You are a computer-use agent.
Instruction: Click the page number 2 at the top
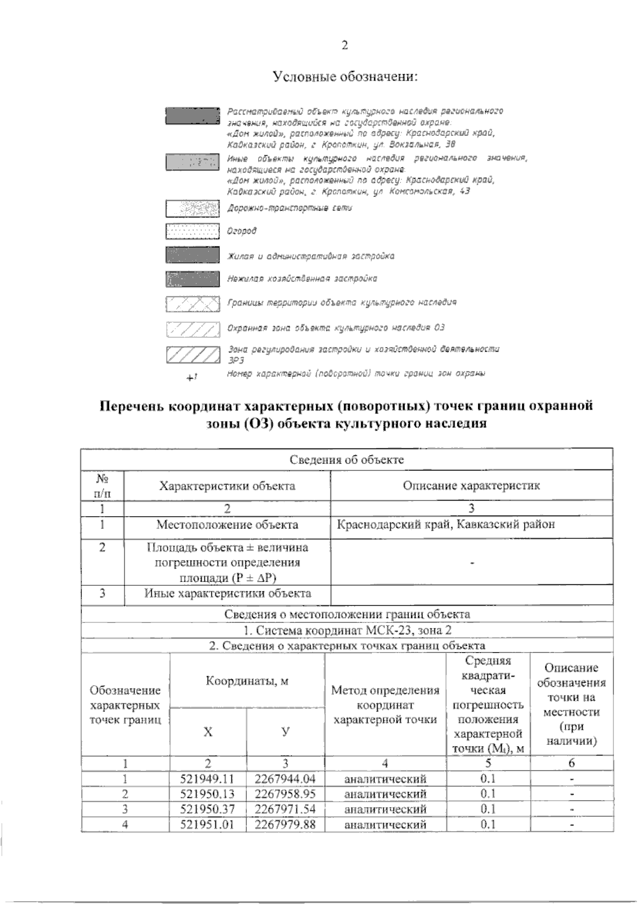345,46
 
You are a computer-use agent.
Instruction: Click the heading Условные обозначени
345,77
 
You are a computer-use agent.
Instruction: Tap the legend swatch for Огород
193,231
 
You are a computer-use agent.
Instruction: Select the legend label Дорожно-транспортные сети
290,207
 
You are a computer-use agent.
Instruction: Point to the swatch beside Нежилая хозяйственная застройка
193,279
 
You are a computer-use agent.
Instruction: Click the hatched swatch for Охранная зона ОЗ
193,328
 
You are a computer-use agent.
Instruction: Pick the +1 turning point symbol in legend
192,378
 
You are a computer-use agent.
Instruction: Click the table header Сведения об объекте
346,460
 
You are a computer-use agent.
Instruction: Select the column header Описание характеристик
471,486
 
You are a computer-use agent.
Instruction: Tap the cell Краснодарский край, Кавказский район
445,525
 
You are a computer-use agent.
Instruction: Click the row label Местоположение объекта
227,525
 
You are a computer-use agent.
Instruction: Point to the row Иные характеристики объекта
228,593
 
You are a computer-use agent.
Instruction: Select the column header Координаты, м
247,681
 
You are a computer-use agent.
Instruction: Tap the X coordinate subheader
208,732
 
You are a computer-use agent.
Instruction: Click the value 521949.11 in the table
208,779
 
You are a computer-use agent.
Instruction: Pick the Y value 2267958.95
286,794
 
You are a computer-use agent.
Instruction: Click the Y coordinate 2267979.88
286,824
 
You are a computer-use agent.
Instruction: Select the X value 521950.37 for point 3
208,809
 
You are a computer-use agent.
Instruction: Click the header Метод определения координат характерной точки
385,705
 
